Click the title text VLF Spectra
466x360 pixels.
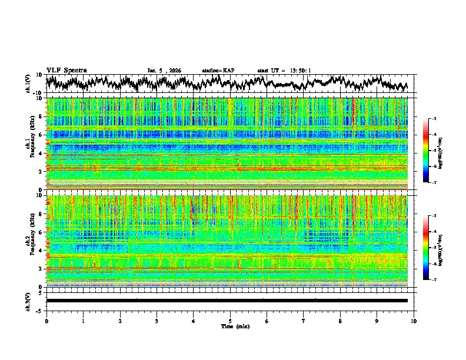pyautogui.click(x=66, y=70)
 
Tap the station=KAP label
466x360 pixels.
pyautogui.click(x=218, y=71)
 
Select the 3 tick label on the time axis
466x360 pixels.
pyautogui.click(x=157, y=321)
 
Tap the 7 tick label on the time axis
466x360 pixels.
pyautogui.click(x=304, y=321)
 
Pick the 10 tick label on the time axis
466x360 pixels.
pyautogui.click(x=414, y=321)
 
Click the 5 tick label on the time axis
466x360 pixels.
pyautogui.click(x=230, y=321)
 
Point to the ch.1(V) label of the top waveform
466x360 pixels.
pyautogui.click(x=27, y=84)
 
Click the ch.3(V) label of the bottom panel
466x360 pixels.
pyautogui.click(x=27, y=300)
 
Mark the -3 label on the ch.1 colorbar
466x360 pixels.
pyautogui.click(x=434, y=119)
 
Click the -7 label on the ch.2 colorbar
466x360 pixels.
pyautogui.click(x=434, y=280)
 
